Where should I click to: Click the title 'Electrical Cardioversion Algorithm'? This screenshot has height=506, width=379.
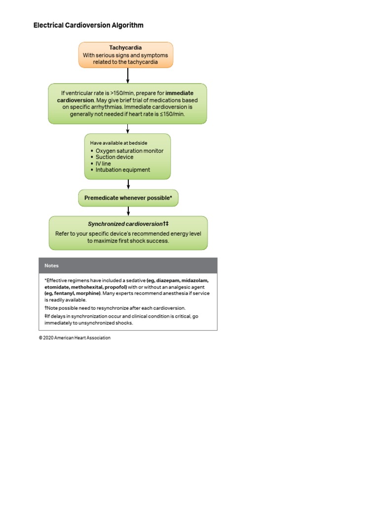[x=88, y=25]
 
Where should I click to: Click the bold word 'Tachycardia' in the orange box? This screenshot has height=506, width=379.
[x=125, y=48]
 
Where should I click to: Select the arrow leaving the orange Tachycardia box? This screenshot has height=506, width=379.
[x=128, y=75]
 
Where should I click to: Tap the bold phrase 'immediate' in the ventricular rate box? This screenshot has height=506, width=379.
[x=180, y=93]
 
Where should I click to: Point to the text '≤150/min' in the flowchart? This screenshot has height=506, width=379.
[x=172, y=114]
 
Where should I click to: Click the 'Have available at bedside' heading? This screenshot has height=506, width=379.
[x=118, y=143]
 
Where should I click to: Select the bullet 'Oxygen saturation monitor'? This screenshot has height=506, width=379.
[x=129, y=151]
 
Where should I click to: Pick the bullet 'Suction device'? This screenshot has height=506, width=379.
[x=114, y=157]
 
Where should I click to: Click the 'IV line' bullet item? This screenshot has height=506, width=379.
[x=103, y=164]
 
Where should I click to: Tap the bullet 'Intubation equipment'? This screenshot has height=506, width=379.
[x=123, y=170]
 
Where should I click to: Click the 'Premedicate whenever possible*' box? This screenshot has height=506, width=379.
[x=128, y=198]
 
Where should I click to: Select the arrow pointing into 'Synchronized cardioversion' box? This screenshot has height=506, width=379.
[x=128, y=211]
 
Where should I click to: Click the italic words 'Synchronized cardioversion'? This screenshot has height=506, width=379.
[x=125, y=224]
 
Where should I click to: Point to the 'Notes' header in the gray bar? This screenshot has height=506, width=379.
[x=51, y=265]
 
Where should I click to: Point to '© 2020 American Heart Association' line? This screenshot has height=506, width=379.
[x=75, y=338]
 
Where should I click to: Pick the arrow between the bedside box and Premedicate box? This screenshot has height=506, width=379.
[x=128, y=184]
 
